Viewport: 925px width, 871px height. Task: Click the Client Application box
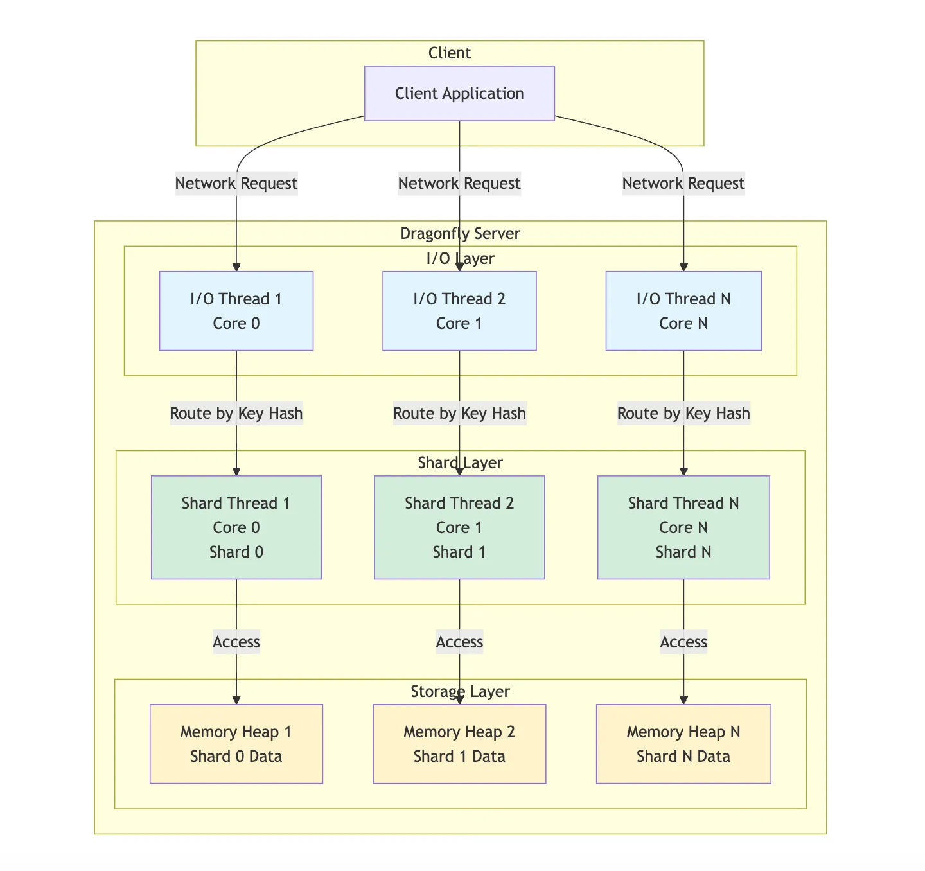(459, 93)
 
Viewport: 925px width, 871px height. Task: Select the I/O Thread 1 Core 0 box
(236, 311)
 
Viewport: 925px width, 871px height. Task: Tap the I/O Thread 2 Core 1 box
(459, 311)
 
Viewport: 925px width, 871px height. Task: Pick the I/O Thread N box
(683, 311)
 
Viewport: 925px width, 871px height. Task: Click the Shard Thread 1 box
(236, 527)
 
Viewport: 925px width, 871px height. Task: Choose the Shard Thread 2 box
(459, 527)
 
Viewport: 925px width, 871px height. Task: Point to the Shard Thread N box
(683, 527)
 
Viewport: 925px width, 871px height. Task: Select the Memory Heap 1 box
(236, 744)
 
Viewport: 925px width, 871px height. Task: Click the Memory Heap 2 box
(459, 744)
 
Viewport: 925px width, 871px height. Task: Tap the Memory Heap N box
(683, 744)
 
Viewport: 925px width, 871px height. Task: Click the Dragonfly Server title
(460, 233)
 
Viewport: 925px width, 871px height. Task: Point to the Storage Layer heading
(460, 691)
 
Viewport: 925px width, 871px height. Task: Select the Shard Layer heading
(460, 462)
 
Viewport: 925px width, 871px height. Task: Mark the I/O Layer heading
(460, 258)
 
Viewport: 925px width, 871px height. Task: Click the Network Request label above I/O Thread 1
(236, 184)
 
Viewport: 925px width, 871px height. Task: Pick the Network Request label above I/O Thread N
(683, 184)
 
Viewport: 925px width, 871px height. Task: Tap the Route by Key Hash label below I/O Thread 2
(459, 413)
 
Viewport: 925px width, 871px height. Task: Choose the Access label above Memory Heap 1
(236, 642)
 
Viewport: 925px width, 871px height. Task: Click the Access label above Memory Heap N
(683, 642)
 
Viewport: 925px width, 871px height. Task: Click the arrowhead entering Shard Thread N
(683, 471)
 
